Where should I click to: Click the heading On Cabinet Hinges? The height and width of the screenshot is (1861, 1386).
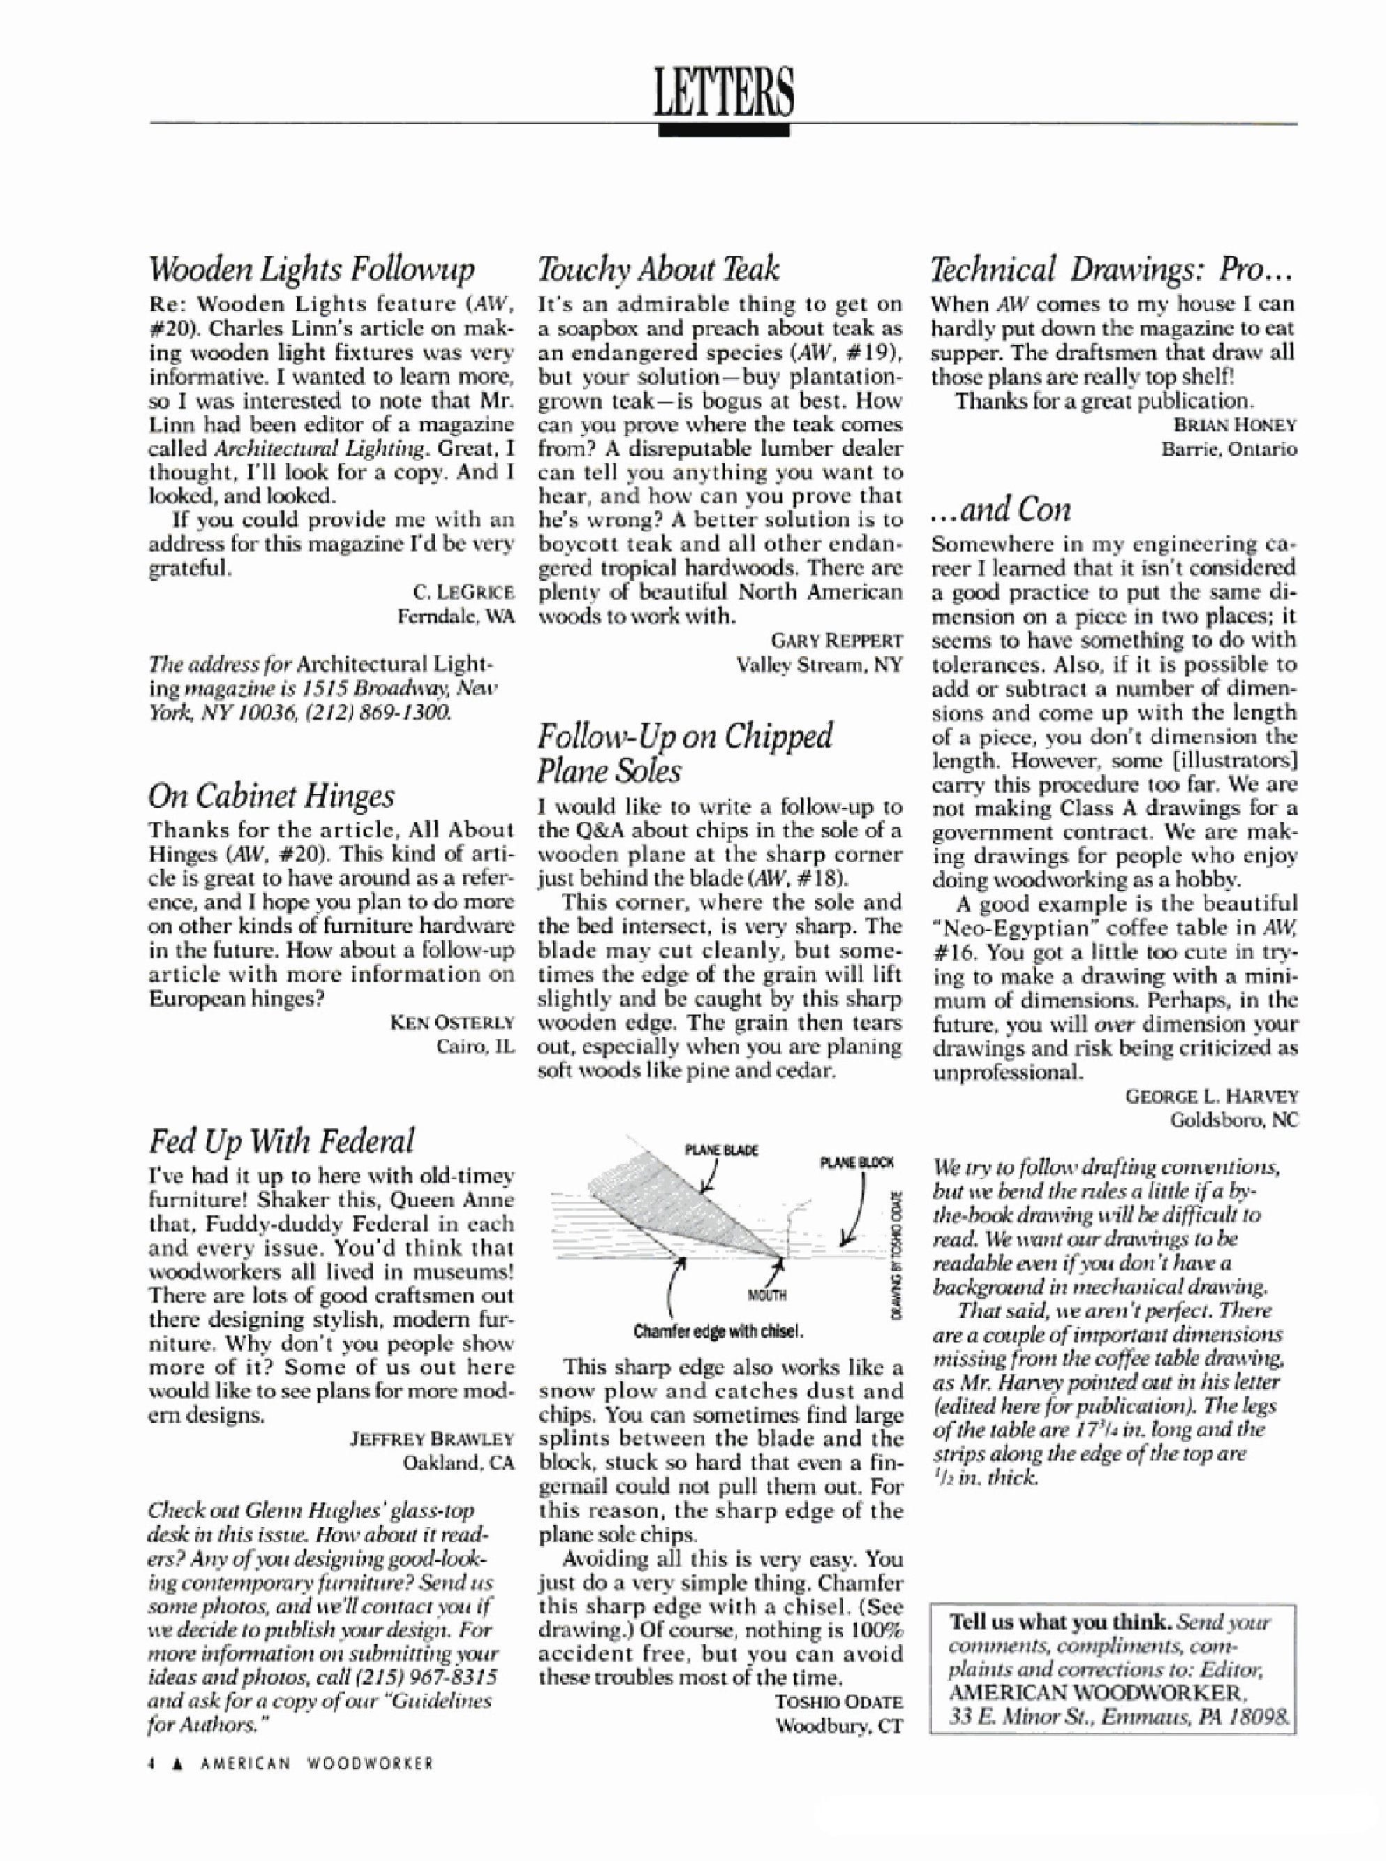pos(271,796)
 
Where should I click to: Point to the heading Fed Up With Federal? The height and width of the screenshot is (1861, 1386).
pos(281,1142)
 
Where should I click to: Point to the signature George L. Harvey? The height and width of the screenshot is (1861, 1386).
pos(1212,1096)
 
